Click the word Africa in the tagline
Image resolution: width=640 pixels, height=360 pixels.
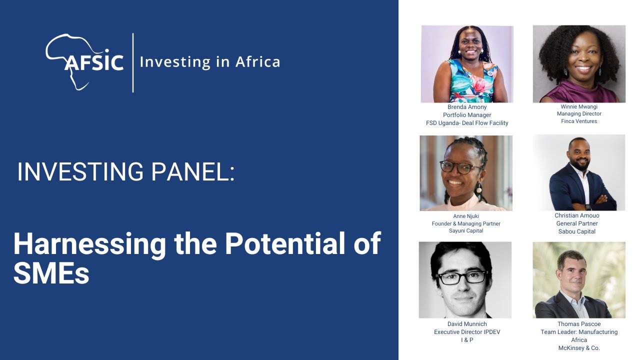(x=257, y=62)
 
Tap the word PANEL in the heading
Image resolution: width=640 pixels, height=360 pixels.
(x=192, y=171)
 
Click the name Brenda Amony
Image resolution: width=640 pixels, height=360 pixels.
(x=467, y=107)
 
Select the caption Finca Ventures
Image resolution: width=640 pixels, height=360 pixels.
(x=579, y=121)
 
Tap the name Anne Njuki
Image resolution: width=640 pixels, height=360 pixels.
(x=466, y=216)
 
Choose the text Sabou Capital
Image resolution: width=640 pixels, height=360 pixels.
(x=577, y=231)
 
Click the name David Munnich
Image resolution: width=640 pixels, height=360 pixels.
(x=467, y=324)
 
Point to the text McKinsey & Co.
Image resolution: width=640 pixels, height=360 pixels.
(x=579, y=348)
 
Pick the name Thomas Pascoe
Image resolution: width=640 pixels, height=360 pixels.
(x=579, y=324)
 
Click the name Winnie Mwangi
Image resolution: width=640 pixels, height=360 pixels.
(x=579, y=107)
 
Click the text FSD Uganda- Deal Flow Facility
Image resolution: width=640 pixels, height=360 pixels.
(x=467, y=123)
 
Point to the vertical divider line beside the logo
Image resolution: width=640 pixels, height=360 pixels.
(x=133, y=62)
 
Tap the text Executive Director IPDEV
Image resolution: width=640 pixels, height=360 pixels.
(x=467, y=332)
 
